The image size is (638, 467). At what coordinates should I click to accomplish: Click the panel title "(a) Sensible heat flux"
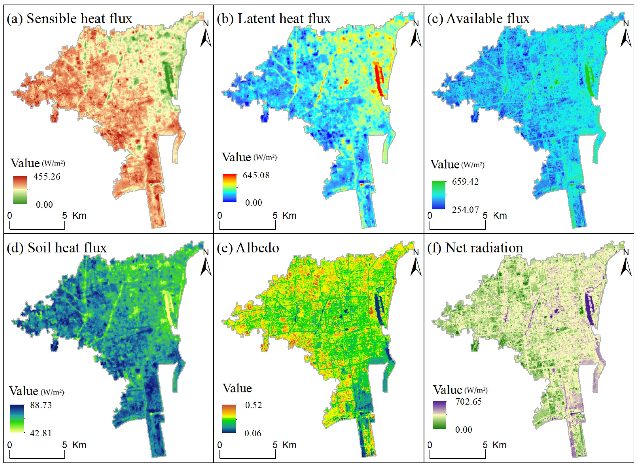[69, 19]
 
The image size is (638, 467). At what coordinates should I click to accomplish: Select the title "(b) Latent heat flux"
[273, 19]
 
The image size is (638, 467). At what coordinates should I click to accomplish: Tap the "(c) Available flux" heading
[478, 19]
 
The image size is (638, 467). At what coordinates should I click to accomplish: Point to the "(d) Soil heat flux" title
[57, 248]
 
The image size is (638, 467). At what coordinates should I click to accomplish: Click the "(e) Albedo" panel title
[248, 248]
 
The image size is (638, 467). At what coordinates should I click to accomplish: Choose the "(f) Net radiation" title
[475, 248]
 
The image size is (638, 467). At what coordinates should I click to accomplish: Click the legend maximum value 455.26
[47, 177]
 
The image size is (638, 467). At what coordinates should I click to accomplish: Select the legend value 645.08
[256, 176]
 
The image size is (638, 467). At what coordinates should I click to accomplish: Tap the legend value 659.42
[465, 182]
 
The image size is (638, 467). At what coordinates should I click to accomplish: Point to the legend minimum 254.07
[465, 210]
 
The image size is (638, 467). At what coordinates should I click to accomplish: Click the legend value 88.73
[41, 405]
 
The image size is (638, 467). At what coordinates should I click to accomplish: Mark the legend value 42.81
[41, 433]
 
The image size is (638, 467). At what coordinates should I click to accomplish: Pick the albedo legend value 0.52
[253, 405]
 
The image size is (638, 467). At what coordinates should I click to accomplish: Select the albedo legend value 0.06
[253, 433]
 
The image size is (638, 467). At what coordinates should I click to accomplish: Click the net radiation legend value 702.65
[468, 402]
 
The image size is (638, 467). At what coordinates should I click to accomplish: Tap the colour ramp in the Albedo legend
[229, 419]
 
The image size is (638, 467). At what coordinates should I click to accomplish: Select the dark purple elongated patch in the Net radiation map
[588, 310]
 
